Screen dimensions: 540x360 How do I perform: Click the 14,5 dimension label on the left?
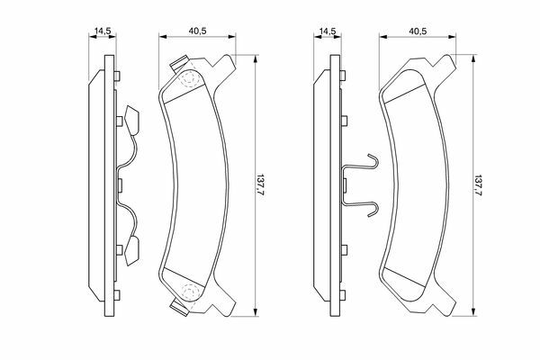click(x=103, y=31)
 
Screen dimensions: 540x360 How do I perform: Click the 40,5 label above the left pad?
click(x=197, y=31)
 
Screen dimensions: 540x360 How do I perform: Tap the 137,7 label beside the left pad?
click(x=260, y=185)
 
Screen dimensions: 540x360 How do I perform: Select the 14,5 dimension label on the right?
click(x=328, y=31)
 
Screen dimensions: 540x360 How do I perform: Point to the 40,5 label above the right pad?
click(x=418, y=31)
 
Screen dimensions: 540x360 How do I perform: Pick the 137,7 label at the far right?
click(x=479, y=185)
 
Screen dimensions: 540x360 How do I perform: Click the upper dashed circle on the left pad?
click(x=189, y=79)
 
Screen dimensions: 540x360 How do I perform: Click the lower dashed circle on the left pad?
click(x=189, y=292)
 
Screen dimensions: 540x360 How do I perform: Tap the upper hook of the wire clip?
click(x=373, y=161)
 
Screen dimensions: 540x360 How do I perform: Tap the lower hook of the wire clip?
click(x=373, y=209)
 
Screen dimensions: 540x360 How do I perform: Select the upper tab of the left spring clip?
click(x=131, y=121)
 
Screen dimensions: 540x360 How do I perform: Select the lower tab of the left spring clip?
click(x=131, y=251)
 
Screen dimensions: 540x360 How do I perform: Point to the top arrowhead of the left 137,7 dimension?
click(x=256, y=58)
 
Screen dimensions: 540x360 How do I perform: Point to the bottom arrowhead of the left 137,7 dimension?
click(x=256, y=312)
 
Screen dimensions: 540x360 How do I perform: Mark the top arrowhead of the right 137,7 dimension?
click(x=473, y=58)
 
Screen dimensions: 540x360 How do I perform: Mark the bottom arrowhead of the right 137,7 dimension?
click(x=473, y=311)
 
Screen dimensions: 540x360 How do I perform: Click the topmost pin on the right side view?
click(x=343, y=76)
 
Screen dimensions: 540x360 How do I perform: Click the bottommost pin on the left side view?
click(x=117, y=295)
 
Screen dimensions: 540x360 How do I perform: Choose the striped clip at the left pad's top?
click(x=181, y=63)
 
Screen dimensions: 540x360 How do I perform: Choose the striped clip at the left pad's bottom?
click(x=180, y=307)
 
